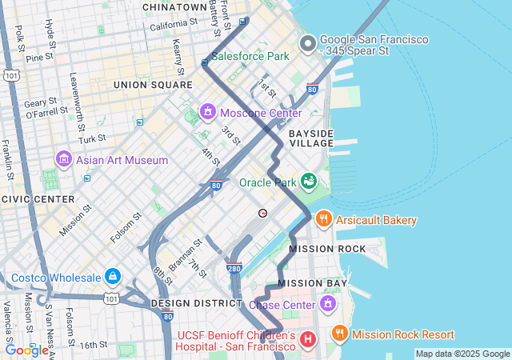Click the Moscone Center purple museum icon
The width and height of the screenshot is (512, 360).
(208, 110)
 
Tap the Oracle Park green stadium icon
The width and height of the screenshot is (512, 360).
(309, 182)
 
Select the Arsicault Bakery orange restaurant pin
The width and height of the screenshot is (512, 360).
(324, 219)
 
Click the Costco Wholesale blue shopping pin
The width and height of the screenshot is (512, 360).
(112, 278)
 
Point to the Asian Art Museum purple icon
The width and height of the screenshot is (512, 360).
(64, 160)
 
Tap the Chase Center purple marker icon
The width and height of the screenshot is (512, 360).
(327, 304)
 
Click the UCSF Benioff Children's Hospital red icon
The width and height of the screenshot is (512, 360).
(307, 341)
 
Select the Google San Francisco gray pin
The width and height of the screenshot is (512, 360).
(307, 44)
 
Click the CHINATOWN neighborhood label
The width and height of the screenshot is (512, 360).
(174, 7)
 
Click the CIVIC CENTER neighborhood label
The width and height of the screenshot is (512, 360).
(38, 198)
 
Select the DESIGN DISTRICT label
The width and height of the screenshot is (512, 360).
(190, 304)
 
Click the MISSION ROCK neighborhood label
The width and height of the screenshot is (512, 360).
(327, 249)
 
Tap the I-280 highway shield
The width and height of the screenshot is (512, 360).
(234, 269)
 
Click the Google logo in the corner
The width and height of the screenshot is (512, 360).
(26, 350)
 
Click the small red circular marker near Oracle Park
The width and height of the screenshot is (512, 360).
(262, 213)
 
